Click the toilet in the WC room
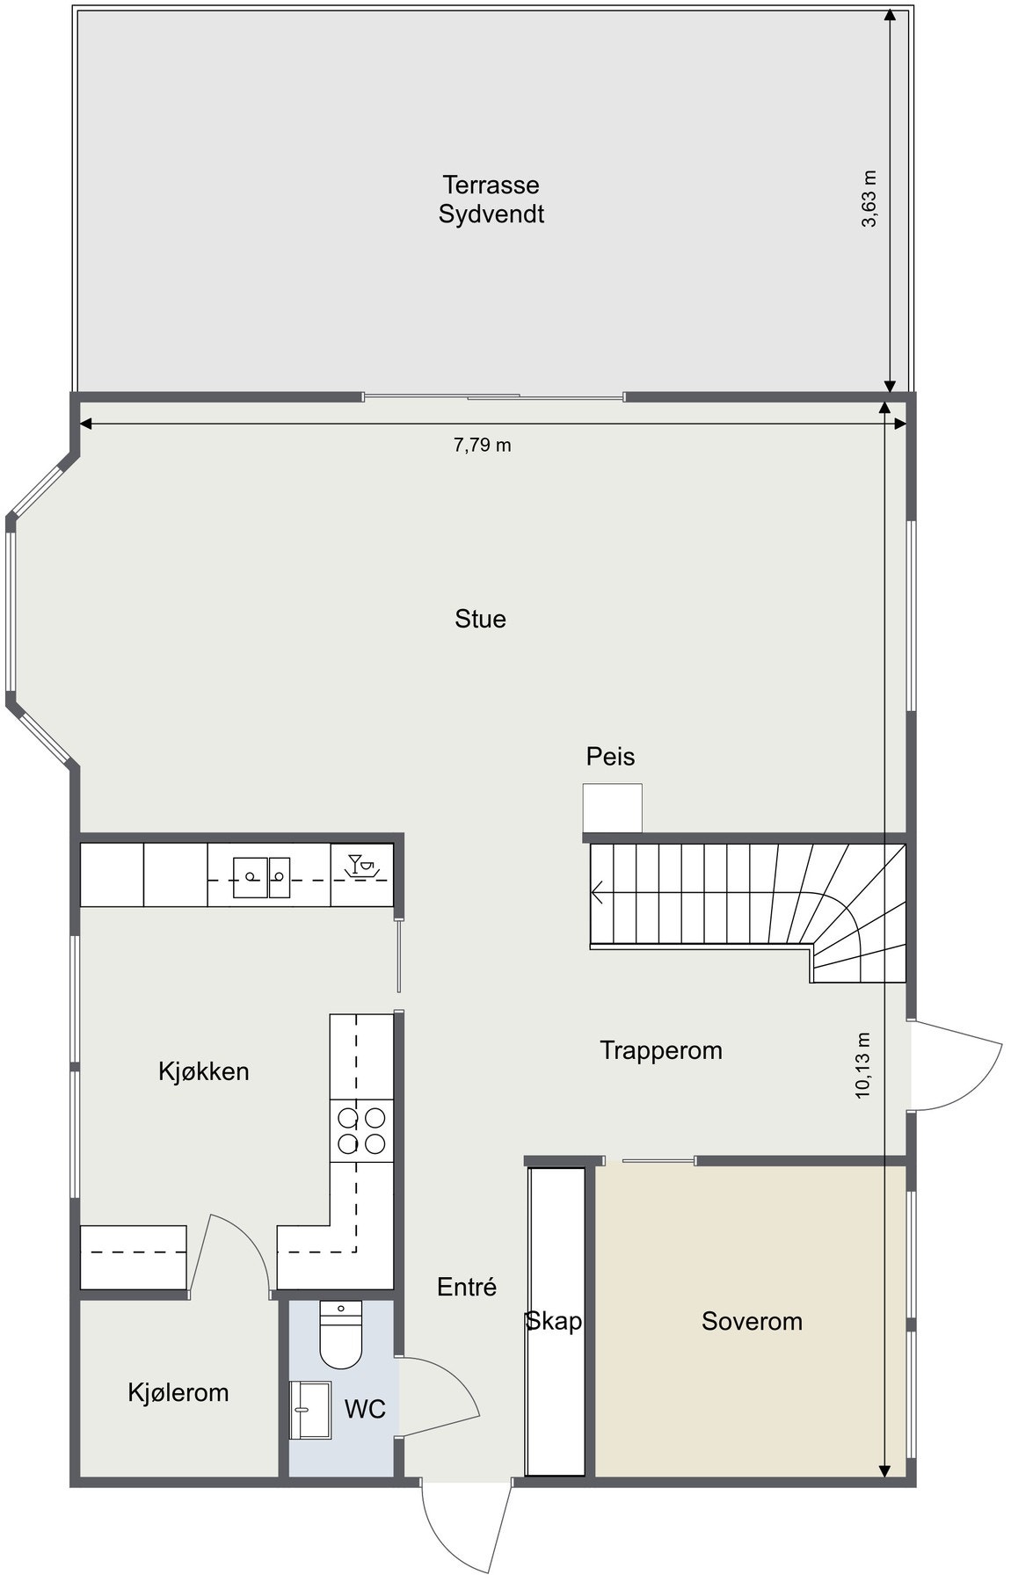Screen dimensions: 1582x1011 tap(340, 1335)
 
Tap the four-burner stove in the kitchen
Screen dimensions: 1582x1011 tap(361, 1130)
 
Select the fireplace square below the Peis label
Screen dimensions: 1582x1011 tap(612, 807)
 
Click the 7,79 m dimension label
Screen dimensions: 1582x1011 tap(482, 445)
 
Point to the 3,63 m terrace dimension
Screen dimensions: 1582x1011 tap(869, 199)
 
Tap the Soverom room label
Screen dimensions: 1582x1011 tap(752, 1321)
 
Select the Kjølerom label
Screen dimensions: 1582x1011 tap(178, 1392)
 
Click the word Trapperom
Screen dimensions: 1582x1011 tap(661, 1050)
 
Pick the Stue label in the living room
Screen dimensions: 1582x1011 tap(480, 619)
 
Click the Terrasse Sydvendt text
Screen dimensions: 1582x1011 tap(491, 200)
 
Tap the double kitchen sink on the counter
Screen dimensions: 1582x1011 tap(261, 877)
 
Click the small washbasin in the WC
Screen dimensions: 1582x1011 tap(309, 1409)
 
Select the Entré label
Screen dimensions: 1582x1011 tap(467, 1287)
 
